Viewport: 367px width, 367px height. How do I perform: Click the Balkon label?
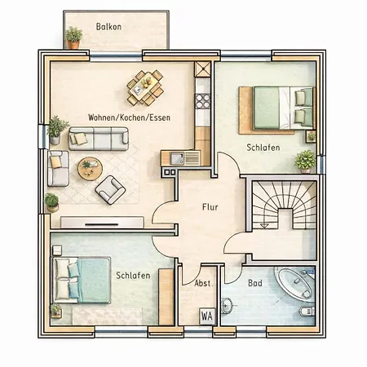[108, 27]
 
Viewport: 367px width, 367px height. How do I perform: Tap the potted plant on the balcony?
[73, 38]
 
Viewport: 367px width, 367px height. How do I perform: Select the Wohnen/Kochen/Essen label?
[129, 117]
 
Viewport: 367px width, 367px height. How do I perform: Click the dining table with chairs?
[145, 87]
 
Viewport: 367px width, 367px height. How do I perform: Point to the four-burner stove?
[203, 101]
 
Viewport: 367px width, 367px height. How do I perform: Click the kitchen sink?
[177, 158]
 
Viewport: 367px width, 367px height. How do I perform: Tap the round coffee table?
[90, 168]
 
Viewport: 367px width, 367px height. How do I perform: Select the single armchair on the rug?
[110, 190]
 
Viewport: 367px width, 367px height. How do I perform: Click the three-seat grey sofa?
[99, 139]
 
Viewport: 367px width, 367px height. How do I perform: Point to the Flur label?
[210, 207]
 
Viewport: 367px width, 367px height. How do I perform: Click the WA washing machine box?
[207, 316]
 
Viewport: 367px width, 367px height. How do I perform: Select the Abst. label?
[203, 283]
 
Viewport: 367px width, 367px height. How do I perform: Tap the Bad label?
[255, 283]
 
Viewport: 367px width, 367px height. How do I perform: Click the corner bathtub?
[295, 283]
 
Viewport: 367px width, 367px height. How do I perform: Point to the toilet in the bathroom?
[307, 312]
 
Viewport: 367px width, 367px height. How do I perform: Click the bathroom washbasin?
[227, 306]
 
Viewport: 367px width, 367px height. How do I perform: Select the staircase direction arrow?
[264, 226]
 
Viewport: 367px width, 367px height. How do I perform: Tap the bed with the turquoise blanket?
[82, 280]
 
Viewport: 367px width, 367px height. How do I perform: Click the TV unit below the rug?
[102, 222]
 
